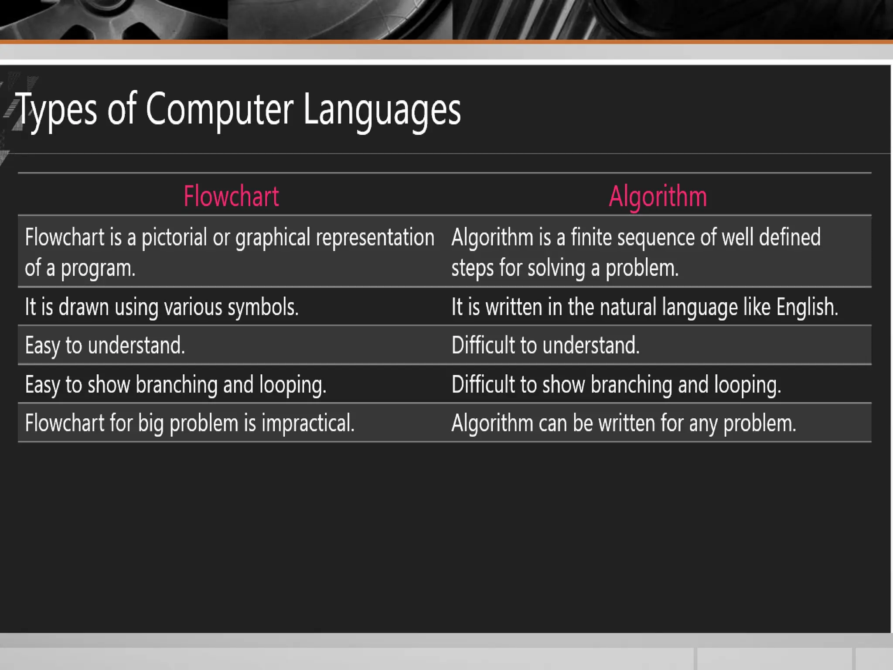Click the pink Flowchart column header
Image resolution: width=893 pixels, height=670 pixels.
(x=231, y=196)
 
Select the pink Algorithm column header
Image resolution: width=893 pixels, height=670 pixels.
(x=658, y=196)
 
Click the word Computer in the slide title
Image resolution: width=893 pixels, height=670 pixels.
(x=219, y=110)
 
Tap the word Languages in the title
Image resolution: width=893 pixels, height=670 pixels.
(x=382, y=110)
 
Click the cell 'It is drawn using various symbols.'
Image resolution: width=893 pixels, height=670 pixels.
(x=162, y=307)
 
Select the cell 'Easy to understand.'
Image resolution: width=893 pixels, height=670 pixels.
(x=105, y=345)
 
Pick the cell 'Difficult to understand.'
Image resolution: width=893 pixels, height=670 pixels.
(x=545, y=345)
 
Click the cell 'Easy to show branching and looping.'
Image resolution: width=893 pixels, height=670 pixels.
(x=176, y=385)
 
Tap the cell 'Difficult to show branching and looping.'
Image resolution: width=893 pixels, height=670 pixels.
(x=616, y=385)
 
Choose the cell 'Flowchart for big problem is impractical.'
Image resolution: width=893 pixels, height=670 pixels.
(x=190, y=423)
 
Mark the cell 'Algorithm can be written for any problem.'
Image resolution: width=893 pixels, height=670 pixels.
(x=624, y=423)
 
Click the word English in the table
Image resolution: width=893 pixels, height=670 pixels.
(x=807, y=307)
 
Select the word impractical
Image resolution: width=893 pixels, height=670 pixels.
(x=308, y=423)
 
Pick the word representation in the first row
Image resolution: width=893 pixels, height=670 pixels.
(x=375, y=238)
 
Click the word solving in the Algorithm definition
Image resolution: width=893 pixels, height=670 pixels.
(x=556, y=268)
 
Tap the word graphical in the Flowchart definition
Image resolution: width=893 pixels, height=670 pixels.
(x=273, y=238)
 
